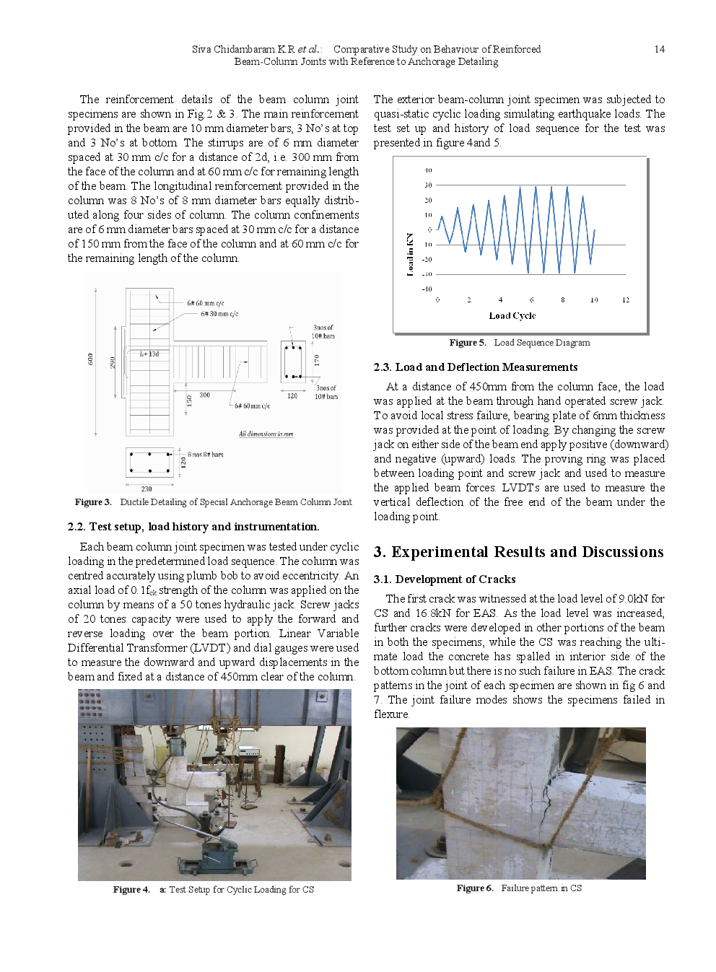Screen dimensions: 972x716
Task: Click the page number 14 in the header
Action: click(x=659, y=49)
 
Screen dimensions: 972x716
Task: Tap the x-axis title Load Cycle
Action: click(x=512, y=315)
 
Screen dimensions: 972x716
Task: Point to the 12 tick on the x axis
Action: click(x=625, y=299)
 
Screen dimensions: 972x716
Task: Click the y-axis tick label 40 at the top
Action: click(x=428, y=170)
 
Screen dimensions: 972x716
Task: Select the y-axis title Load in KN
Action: click(x=410, y=254)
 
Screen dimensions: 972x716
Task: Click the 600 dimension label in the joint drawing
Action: click(x=91, y=359)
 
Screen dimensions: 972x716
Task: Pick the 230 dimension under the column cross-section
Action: click(x=147, y=489)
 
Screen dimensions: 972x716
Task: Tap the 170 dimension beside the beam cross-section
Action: click(x=316, y=359)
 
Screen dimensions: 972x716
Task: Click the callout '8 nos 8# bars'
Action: click(x=206, y=455)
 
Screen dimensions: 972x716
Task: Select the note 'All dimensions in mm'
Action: click(x=266, y=434)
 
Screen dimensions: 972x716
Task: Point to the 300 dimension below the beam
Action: click(x=204, y=395)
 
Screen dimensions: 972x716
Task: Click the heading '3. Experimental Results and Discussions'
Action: click(x=518, y=552)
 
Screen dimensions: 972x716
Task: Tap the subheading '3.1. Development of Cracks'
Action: click(x=444, y=579)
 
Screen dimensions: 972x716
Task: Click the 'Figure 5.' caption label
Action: click(x=467, y=343)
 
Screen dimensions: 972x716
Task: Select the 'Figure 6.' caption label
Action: click(x=474, y=888)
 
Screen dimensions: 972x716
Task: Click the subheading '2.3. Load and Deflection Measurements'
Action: click(x=475, y=367)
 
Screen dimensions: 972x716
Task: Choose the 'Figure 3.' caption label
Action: click(x=92, y=502)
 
